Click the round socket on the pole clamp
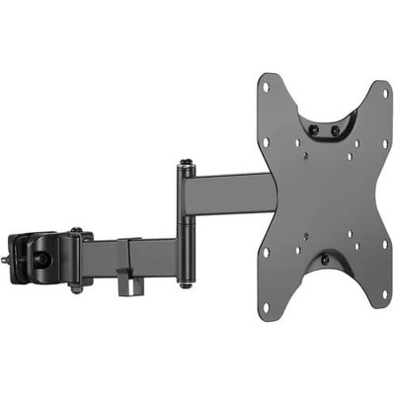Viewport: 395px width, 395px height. click(x=44, y=258)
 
